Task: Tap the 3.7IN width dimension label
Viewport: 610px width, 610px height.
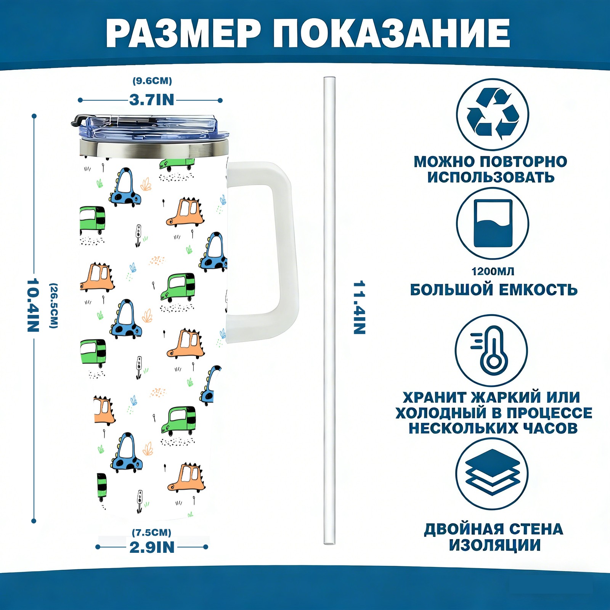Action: click(x=151, y=100)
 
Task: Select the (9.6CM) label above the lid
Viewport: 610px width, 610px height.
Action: click(x=152, y=81)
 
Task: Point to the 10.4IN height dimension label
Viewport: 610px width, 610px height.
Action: click(x=33, y=305)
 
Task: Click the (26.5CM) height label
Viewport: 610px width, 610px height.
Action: click(x=54, y=305)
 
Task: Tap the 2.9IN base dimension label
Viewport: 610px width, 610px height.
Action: click(x=152, y=547)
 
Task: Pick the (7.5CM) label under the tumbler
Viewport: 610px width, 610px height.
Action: click(x=151, y=532)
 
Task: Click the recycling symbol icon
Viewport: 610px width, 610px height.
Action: click(x=493, y=114)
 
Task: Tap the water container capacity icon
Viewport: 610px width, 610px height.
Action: click(x=493, y=223)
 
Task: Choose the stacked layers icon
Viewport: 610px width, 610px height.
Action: click(x=492, y=473)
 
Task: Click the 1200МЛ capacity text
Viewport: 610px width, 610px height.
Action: click(x=493, y=271)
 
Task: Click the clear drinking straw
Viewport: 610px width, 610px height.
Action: click(x=329, y=305)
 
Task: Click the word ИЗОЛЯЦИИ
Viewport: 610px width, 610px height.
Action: click(x=494, y=545)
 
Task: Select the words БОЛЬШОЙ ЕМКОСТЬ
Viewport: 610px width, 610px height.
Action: click(x=494, y=290)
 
